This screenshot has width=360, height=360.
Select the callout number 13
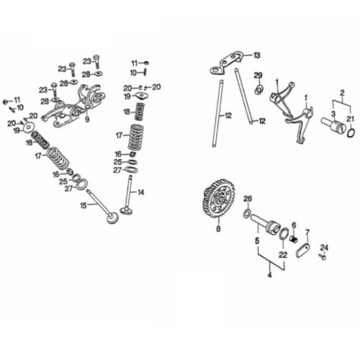click(257, 55)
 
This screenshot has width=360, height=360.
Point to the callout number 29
click(258, 75)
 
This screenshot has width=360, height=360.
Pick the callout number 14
click(141, 192)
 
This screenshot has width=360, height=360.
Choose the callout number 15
click(84, 206)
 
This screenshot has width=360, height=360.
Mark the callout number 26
click(247, 199)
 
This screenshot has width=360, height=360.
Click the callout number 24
click(323, 246)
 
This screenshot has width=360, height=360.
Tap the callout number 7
click(307, 232)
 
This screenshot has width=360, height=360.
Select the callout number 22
click(283, 254)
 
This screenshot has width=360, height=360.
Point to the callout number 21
click(351, 118)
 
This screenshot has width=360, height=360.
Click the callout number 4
click(269, 274)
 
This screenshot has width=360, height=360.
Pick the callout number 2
click(343, 92)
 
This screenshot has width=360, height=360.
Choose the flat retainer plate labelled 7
click(302, 251)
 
